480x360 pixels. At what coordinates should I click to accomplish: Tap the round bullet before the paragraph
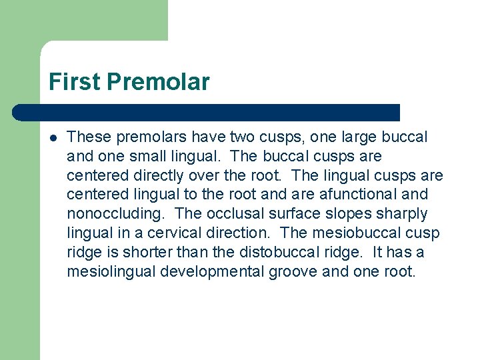pyautogui.click(x=52, y=138)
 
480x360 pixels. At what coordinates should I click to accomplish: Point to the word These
pyautogui.click(x=89, y=137)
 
